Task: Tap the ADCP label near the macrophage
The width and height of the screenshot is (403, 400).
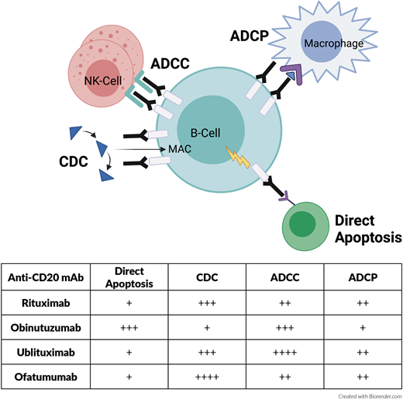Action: [x=250, y=37]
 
